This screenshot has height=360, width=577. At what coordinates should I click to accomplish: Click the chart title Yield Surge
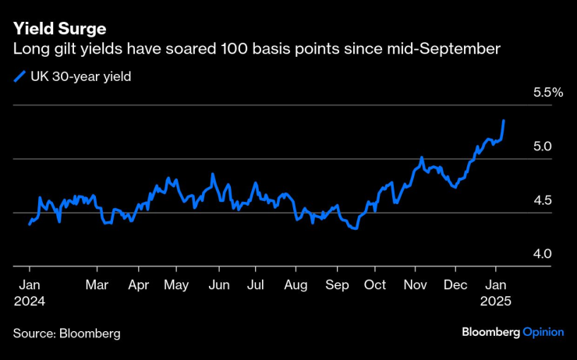click(58, 29)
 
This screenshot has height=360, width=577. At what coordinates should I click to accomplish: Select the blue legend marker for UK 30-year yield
click(19, 76)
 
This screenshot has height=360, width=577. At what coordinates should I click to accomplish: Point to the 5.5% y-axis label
click(547, 93)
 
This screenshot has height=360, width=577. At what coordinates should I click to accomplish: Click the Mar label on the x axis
click(97, 285)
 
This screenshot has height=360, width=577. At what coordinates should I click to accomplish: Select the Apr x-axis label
click(138, 285)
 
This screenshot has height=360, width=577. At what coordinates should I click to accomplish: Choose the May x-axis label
click(177, 285)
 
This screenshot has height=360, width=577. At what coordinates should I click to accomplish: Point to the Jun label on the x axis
click(219, 285)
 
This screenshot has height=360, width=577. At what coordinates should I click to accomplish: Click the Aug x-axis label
click(296, 285)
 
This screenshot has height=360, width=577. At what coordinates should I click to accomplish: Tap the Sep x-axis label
click(338, 285)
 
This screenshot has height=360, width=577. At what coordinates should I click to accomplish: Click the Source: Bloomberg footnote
click(66, 334)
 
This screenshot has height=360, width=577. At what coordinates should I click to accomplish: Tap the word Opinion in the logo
click(543, 332)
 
